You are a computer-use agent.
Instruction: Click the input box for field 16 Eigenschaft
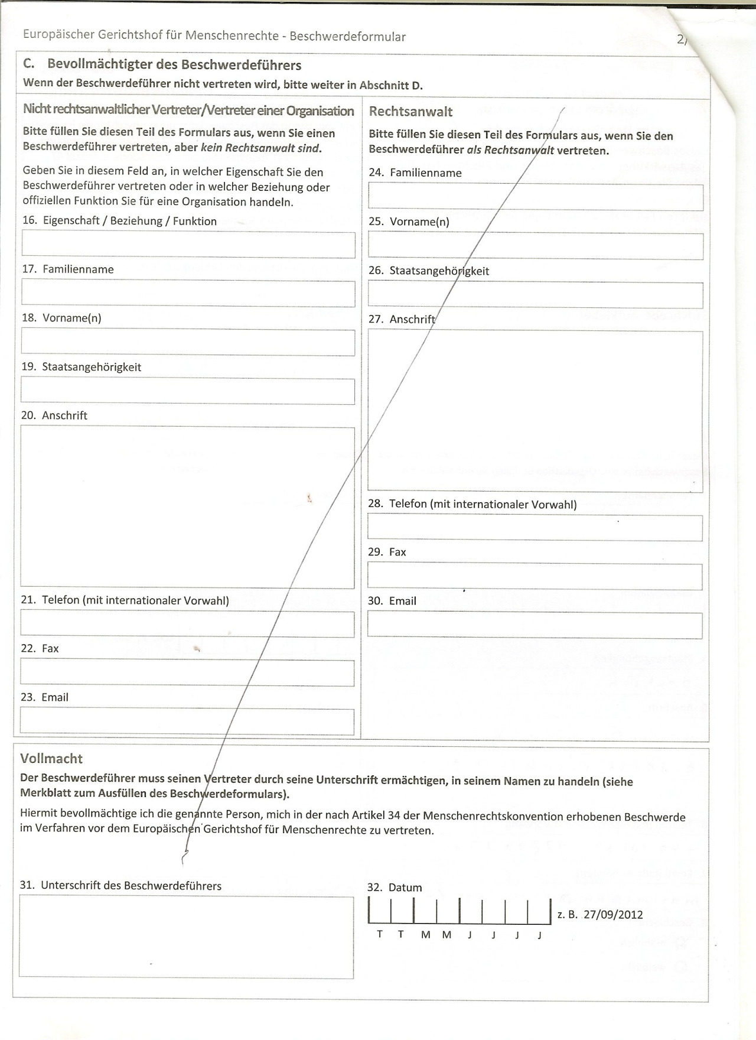coord(188,245)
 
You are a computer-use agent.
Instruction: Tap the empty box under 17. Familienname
coord(188,294)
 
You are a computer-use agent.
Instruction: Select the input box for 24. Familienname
coord(536,197)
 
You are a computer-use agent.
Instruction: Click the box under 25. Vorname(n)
coord(536,246)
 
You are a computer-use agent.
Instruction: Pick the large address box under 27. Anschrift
coord(535,411)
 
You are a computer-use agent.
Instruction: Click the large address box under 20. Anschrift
coord(188,506)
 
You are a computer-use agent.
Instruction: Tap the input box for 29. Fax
coord(535,577)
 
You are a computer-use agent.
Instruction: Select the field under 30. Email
coord(535,625)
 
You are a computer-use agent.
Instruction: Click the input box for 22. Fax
coord(187,673)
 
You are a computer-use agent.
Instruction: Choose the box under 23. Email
coord(187,721)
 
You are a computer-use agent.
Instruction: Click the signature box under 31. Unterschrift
coord(187,937)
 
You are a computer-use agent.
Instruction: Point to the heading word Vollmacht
coord(51,759)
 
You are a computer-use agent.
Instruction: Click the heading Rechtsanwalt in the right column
coord(411,112)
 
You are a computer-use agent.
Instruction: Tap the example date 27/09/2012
coord(613,915)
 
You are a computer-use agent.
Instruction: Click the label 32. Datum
coord(395,888)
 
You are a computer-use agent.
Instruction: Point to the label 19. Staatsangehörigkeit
coord(82,367)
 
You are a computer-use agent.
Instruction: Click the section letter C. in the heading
coord(29,64)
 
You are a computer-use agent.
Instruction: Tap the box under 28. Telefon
coord(535,528)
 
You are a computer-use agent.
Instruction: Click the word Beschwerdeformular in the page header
coord(348,37)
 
